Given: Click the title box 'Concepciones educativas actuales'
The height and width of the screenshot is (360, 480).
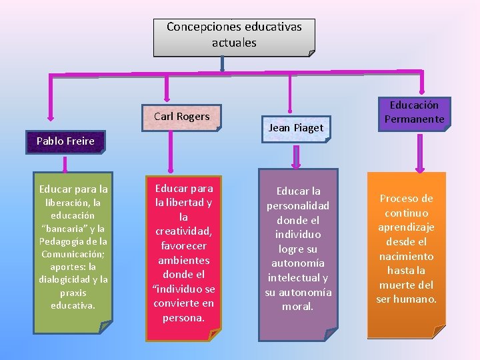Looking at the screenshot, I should click(x=233, y=36).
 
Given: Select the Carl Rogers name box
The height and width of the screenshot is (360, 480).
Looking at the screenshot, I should click(x=182, y=117).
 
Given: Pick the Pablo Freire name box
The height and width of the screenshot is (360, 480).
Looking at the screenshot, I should click(x=65, y=141).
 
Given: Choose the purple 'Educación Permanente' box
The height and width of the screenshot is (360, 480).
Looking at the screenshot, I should click(x=414, y=112).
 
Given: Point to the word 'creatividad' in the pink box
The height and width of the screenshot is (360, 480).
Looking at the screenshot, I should click(x=183, y=231).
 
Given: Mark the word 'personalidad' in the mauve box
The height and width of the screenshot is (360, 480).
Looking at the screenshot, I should click(x=298, y=205).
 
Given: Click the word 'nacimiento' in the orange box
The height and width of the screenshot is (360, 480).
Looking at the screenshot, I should click(x=406, y=256).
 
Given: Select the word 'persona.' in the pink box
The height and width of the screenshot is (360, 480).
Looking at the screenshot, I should click(x=183, y=317).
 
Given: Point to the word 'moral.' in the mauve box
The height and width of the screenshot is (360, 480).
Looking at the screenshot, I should click(x=298, y=306).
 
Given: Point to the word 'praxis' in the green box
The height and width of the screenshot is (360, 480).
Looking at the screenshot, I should click(x=73, y=293).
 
